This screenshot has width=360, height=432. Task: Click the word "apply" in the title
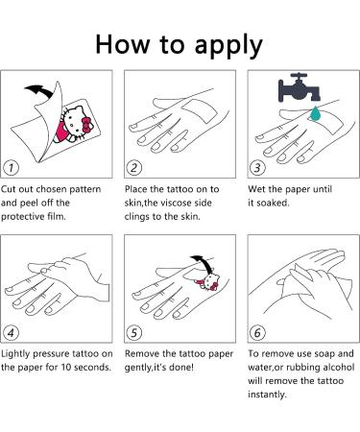coord(228,46)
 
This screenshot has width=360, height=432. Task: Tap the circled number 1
coord(11,168)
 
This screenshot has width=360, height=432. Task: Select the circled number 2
coord(134,168)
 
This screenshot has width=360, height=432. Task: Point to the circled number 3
coord(257,168)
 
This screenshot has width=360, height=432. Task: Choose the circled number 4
coord(11,333)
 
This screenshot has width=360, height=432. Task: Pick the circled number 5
coord(134,333)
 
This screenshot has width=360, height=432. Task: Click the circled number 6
coord(257,333)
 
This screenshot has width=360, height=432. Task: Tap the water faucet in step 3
coord(299,87)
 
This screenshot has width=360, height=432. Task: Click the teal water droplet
coord(316,114)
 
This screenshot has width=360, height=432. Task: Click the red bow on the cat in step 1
coord(87,126)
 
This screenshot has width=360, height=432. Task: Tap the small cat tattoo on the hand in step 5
coord(209,282)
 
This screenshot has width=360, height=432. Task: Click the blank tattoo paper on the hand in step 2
coord(199,109)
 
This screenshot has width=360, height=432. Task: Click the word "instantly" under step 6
coord(267,395)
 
